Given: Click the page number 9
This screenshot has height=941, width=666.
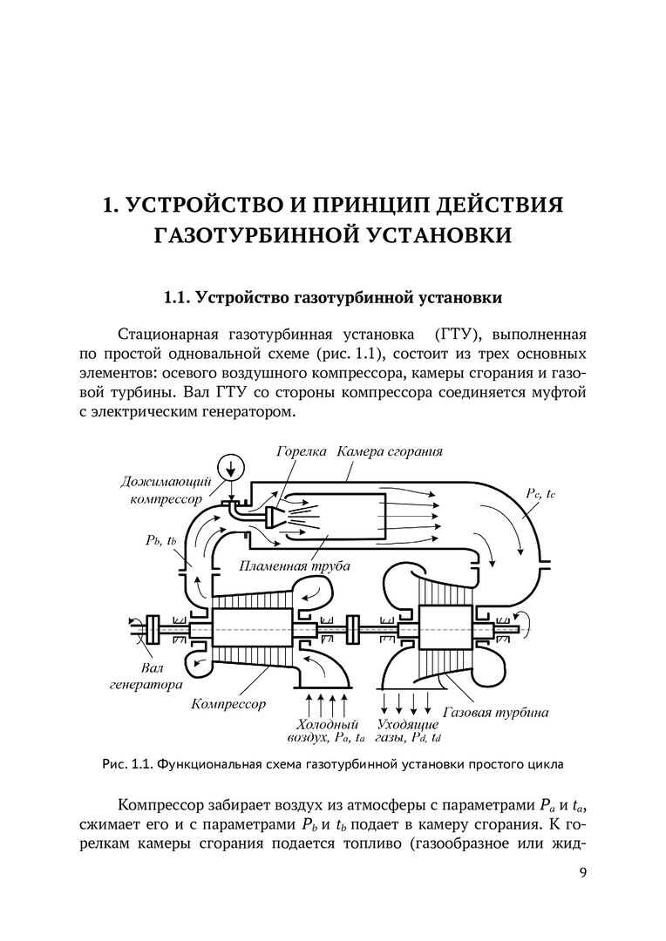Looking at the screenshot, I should point(582,871).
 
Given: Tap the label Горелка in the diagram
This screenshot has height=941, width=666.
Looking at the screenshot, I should point(301,452).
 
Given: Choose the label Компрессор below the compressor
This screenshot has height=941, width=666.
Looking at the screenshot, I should point(228,702).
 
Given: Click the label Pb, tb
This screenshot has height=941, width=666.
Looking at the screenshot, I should point(161,539).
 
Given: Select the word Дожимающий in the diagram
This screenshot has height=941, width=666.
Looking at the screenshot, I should point(162,482).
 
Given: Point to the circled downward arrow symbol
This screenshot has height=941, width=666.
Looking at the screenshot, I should point(231,467).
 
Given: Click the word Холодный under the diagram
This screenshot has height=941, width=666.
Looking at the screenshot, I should point(327,724).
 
